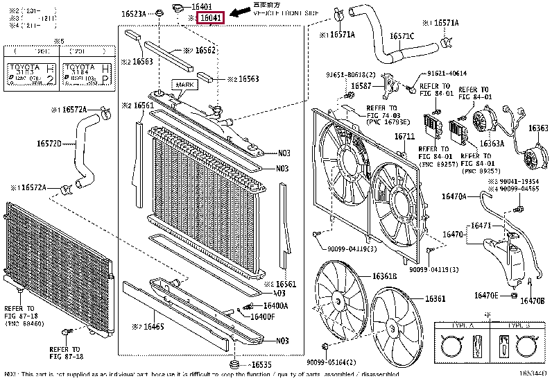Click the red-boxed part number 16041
coord(211,17)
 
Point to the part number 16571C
coord(402,36)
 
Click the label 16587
coord(361,86)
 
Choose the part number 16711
coord(404,137)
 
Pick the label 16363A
coord(492,144)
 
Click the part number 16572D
coord(49,144)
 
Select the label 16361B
coord(383,276)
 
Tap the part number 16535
coord(261,364)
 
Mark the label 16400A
coord(275,306)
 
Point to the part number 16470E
coord(486,295)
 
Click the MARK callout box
coord(185,85)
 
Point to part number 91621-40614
coord(447,73)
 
